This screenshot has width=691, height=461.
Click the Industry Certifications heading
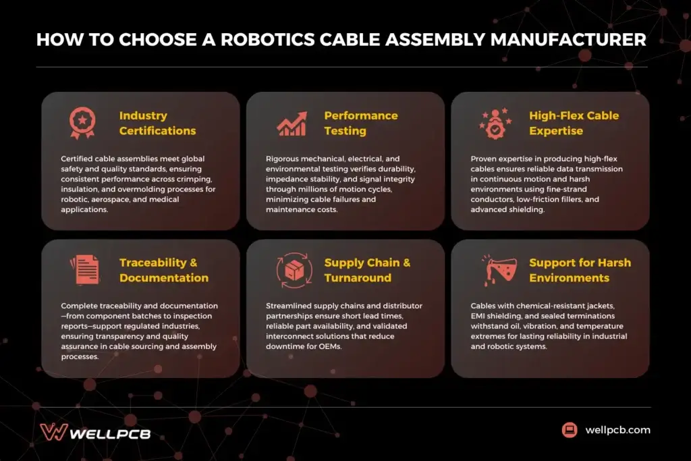pos(157,123)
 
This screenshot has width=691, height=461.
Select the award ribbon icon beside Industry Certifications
pos(82,122)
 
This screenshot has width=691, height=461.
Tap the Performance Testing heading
pos(361,123)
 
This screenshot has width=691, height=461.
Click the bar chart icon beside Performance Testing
pos(292,123)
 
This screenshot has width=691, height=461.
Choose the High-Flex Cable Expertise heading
pos(574,123)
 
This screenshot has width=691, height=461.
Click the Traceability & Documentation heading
pos(164,270)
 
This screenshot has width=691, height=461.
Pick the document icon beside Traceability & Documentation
pos(85,269)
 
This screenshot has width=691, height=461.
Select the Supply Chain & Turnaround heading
pos(367,270)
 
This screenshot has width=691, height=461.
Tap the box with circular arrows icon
pos(294,270)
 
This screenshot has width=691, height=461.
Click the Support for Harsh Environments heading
pos(580,270)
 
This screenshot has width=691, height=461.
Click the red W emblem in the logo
pos(53,432)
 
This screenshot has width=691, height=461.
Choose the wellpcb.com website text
pos(617,430)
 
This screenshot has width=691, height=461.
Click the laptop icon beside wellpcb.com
pos(570,430)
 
